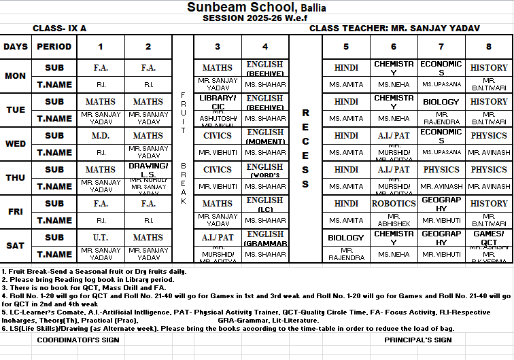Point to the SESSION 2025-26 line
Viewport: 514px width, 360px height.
click(x=256, y=18)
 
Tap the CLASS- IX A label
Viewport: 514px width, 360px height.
click(x=60, y=29)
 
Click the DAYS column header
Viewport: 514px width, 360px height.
click(x=16, y=47)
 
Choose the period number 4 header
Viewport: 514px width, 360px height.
click(x=265, y=47)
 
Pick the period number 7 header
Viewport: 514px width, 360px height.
click(x=441, y=47)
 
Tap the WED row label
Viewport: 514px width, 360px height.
click(x=16, y=144)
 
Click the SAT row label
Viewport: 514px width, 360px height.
click(x=16, y=246)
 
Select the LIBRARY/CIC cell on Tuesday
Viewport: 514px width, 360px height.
click(x=218, y=102)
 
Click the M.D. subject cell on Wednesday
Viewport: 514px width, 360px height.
click(x=101, y=135)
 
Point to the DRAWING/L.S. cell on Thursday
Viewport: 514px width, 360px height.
click(x=148, y=170)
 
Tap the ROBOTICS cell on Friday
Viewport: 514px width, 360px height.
click(x=394, y=203)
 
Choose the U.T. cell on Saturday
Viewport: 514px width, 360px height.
click(x=101, y=238)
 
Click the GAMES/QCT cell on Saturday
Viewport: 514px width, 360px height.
click(x=489, y=238)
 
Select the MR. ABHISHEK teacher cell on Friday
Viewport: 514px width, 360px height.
click(x=394, y=220)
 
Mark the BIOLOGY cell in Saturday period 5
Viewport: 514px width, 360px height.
click(x=346, y=238)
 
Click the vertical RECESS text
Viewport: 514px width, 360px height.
click(x=305, y=148)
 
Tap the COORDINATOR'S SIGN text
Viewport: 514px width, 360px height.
click(x=69, y=340)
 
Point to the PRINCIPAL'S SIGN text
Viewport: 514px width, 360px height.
click(x=418, y=340)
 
